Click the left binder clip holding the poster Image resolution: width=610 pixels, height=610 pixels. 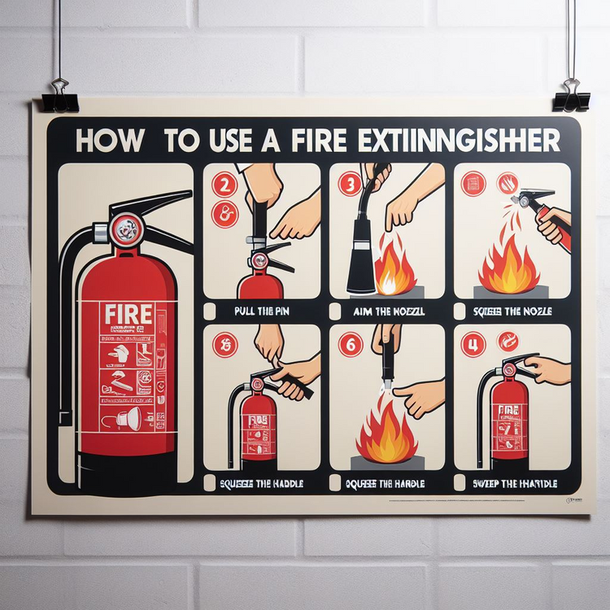click(59, 97)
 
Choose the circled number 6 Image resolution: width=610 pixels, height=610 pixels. click(351, 346)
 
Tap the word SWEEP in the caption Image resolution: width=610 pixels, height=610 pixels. click(486, 484)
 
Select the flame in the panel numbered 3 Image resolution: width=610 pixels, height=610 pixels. click(395, 268)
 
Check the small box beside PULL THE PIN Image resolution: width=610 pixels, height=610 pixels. click(210, 311)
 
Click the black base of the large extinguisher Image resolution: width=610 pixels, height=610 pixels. click(122, 476)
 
